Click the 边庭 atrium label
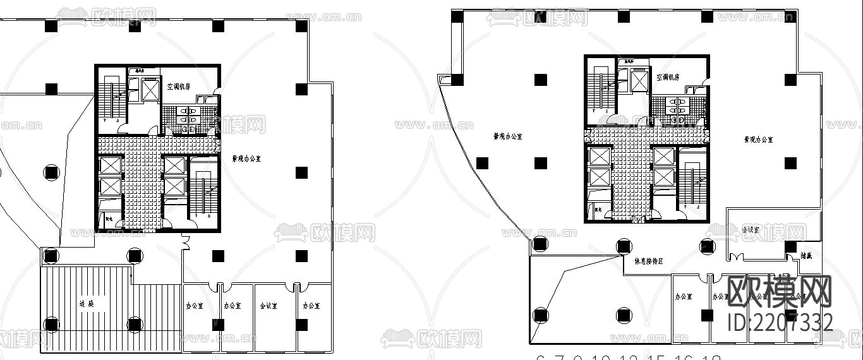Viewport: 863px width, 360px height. (x=87, y=304)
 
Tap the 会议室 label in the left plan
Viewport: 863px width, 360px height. (x=268, y=306)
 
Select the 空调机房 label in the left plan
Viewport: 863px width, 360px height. (x=180, y=86)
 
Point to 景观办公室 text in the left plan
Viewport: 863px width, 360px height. (x=246, y=159)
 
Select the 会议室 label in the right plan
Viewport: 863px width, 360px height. (x=750, y=230)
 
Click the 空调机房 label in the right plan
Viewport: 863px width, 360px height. (x=667, y=77)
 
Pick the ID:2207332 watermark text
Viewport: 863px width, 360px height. (x=780, y=322)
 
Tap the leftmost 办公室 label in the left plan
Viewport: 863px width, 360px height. (x=195, y=306)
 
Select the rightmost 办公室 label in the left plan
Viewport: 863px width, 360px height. (x=311, y=306)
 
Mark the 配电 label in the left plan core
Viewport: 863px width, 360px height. (x=109, y=220)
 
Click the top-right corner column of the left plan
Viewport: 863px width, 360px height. (x=301, y=26)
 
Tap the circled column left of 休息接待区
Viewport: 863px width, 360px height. (x=623, y=246)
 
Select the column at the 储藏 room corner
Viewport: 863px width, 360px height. (x=790, y=246)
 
